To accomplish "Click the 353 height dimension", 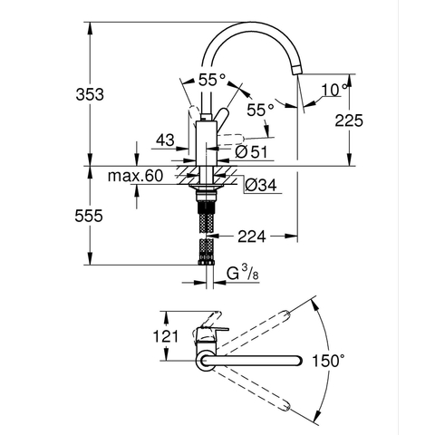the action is tap(90, 94).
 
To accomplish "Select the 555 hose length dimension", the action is tap(89, 216).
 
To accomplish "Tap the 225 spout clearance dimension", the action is tap(349, 121).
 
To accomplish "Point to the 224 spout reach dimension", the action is tap(252, 237).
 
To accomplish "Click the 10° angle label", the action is tap(334, 90).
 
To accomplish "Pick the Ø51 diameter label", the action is tap(251, 151).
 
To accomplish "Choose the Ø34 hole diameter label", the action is tap(260, 185).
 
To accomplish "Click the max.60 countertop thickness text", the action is tap(135, 176).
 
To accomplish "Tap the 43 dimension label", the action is tap(166, 140).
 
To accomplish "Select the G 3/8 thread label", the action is tap(243, 273).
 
